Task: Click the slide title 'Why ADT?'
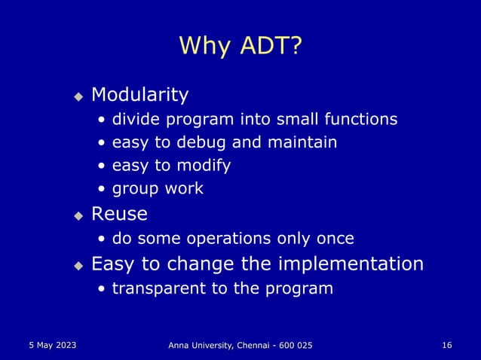point(240,47)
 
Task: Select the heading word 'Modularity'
point(139,95)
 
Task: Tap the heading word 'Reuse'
point(119,215)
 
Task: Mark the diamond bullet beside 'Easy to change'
point(78,266)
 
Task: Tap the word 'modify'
point(206,165)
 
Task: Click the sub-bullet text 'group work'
point(158,188)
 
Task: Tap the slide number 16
point(446,345)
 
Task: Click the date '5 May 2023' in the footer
point(51,345)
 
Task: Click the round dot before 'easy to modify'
point(102,166)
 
